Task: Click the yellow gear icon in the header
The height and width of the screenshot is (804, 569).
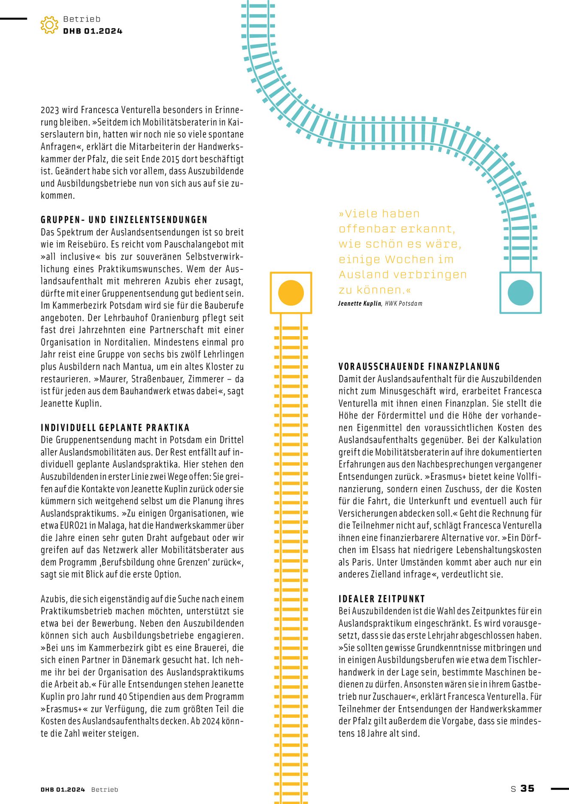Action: click(49, 25)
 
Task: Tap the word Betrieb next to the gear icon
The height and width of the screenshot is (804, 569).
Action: click(82, 19)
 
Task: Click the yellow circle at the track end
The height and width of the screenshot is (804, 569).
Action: click(291, 293)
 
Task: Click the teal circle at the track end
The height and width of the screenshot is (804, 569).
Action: click(521, 292)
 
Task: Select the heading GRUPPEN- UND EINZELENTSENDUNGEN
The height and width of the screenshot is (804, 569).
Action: click(124, 220)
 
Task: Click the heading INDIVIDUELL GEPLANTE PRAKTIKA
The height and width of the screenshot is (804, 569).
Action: click(115, 428)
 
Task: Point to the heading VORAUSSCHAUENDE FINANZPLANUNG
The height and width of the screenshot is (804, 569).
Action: click(419, 367)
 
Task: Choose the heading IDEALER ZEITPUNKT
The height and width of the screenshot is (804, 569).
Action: click(381, 599)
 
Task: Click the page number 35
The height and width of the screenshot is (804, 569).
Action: click(527, 788)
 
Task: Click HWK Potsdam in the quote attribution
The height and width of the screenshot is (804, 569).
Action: click(403, 304)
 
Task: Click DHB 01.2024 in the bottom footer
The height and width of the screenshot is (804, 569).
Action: click(63, 789)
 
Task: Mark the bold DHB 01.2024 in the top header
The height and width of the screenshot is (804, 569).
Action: click(93, 31)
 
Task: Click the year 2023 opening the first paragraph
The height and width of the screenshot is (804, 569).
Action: click(50, 110)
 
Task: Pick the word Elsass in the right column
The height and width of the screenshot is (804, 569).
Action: click(397, 550)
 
